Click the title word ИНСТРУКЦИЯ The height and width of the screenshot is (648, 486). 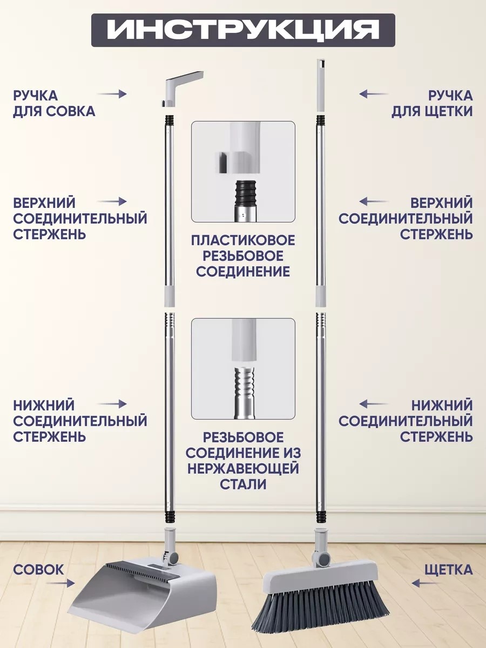point(242,30)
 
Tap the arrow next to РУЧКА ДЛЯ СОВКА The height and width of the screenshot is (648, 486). point(112,94)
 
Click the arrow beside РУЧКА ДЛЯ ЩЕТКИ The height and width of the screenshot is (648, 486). point(374,94)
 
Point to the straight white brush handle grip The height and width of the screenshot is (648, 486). point(321,86)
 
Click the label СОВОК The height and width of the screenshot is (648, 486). point(39,570)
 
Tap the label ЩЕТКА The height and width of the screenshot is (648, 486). point(449,570)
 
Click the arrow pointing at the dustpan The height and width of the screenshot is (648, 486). point(60,583)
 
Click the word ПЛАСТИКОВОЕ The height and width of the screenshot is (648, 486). point(243,240)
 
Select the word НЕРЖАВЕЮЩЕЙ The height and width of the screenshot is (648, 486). point(243,469)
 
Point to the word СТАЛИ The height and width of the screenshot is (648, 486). point(243,484)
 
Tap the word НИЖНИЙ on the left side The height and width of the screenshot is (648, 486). point(44,406)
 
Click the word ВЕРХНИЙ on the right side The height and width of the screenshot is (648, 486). point(442,203)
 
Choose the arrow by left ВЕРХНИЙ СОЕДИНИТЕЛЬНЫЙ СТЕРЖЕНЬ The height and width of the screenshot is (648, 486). point(112,201)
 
